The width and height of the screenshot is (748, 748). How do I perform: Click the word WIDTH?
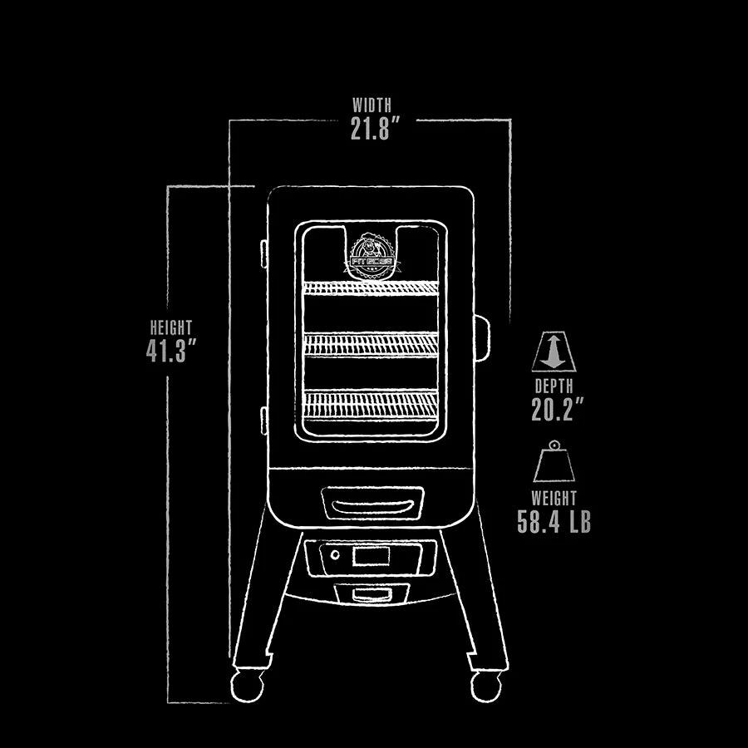tap(372, 105)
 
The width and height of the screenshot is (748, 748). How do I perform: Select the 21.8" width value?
tap(375, 128)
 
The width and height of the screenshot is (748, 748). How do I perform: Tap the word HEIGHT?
tap(170, 327)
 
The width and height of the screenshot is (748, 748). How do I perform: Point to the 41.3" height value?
tap(171, 351)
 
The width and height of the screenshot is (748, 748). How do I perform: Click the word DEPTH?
tap(554, 386)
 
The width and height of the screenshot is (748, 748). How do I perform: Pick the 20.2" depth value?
tap(557, 409)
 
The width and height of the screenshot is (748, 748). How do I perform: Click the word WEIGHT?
tap(554, 499)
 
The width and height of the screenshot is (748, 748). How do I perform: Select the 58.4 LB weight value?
tap(554, 521)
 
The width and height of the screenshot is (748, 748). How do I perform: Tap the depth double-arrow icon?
tap(554, 352)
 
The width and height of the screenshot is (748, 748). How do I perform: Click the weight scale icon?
tap(554, 461)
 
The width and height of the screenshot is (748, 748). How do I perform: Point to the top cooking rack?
tap(371, 288)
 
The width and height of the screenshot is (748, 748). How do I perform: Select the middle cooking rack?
tap(371, 344)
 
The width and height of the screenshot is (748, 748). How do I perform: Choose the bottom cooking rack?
tap(371, 405)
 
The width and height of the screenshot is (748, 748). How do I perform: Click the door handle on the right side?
tap(482, 338)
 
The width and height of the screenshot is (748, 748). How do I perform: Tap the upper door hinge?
tap(263, 253)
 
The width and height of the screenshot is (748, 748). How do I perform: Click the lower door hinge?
tap(263, 421)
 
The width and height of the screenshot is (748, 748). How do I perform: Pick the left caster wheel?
tap(247, 686)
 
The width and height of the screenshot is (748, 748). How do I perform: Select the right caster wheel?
tap(486, 686)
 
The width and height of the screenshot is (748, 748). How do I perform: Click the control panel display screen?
tap(371, 556)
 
